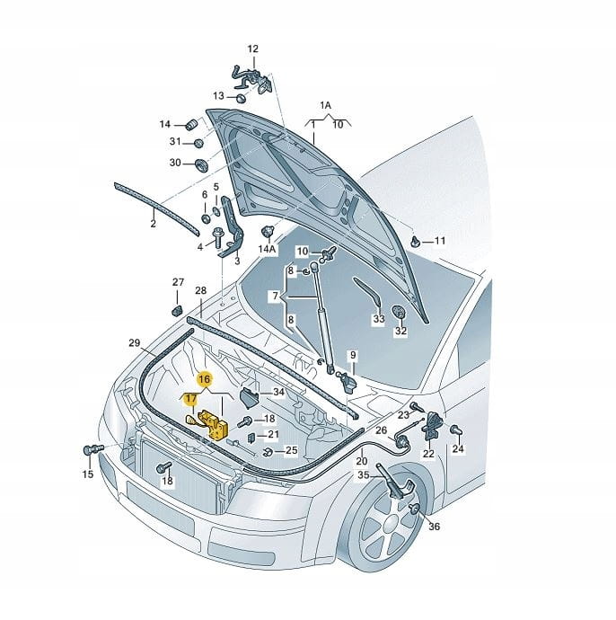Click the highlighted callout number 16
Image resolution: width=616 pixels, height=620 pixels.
(x=205, y=379)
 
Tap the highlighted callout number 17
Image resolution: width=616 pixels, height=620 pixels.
(x=191, y=398)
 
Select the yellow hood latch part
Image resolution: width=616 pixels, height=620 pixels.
(x=216, y=423)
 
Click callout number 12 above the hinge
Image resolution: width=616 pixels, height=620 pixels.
(x=252, y=49)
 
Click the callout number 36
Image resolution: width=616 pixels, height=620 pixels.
(x=434, y=527)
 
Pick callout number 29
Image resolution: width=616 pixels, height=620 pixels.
(x=134, y=343)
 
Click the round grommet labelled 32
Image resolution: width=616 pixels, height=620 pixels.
(x=400, y=314)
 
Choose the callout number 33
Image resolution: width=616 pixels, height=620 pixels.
(x=378, y=319)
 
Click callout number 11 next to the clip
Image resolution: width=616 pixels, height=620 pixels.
(x=439, y=241)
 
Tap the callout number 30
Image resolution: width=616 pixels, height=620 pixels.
(x=175, y=163)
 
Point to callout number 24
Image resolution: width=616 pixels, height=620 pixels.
(x=458, y=448)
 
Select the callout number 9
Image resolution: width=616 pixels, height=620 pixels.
(x=353, y=355)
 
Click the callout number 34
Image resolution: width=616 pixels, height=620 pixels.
(x=277, y=393)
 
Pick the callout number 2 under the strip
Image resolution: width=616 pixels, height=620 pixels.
(x=153, y=224)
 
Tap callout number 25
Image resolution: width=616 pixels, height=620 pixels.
(x=291, y=450)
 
